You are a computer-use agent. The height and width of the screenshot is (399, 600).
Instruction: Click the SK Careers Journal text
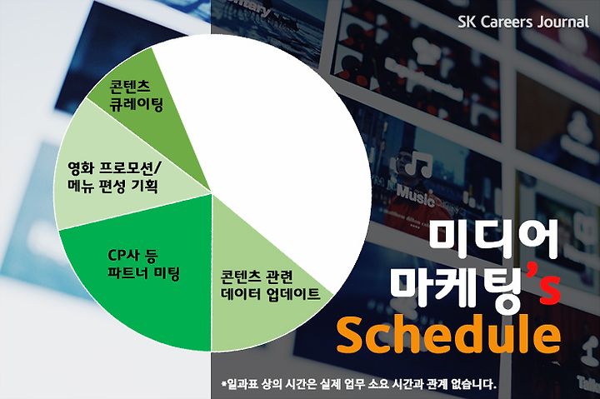523,22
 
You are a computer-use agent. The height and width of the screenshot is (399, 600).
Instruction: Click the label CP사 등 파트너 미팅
143,264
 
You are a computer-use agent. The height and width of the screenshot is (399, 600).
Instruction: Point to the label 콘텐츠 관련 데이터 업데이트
270,286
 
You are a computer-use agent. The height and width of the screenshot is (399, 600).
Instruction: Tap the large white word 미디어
492,239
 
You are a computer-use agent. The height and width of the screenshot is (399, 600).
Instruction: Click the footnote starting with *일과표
358,384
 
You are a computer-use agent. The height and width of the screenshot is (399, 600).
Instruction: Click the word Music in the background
416,195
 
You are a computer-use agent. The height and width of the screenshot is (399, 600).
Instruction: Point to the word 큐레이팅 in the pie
136,104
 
